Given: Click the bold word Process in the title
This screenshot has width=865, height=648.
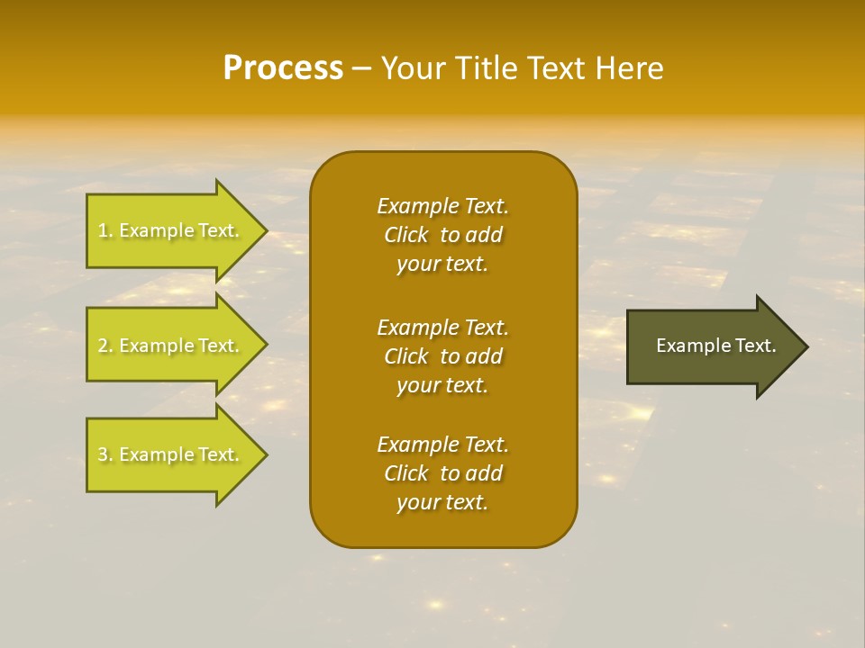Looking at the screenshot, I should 283,68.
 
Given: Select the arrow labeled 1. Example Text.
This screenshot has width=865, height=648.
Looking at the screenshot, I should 171,230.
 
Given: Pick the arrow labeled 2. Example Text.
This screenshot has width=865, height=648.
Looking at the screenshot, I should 171,346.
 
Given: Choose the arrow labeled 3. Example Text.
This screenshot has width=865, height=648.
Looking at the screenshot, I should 171,454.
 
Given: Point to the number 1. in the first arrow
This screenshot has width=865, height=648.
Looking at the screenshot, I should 105,230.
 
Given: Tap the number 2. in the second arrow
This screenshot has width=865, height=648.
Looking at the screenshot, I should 105,346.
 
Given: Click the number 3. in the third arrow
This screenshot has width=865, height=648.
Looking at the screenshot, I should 105,454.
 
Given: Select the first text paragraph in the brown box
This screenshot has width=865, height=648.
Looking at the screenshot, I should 442,235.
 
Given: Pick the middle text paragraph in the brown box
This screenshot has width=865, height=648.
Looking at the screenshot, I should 442,355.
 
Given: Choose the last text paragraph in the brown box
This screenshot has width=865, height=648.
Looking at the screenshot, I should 442,473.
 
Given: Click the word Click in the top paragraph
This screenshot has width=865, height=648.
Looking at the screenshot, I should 405,235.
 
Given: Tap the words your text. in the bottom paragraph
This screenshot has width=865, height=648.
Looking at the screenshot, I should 442,503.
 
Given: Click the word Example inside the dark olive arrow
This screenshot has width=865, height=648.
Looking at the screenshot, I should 687,346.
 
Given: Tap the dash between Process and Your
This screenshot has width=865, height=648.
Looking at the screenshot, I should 361,69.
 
